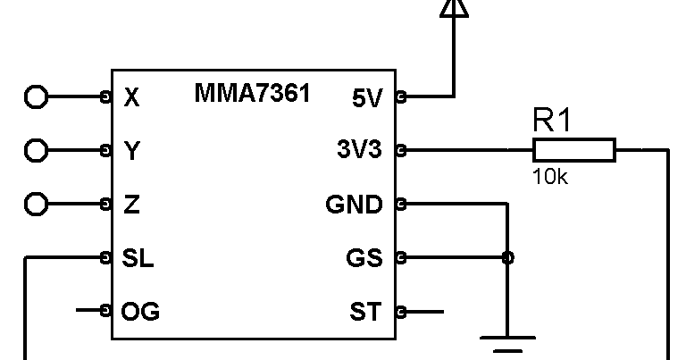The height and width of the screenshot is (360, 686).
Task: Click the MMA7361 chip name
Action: coord(252,93)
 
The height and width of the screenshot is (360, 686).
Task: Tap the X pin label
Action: coord(131,97)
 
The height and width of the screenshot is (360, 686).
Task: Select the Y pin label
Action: coord(131,151)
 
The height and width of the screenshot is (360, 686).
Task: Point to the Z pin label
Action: coord(131,205)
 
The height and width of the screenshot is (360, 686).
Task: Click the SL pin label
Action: coord(138,258)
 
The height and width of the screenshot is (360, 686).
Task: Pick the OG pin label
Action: coord(140,312)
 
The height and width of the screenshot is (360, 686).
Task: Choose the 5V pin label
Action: coord(366,97)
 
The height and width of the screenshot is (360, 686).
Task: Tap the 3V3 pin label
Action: coord(358,151)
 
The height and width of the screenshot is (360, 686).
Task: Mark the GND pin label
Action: coord(354,205)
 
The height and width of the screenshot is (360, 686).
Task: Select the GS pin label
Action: coord(364,258)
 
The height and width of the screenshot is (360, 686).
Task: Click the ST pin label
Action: coord(365,312)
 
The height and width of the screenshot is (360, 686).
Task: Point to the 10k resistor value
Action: coord(549,176)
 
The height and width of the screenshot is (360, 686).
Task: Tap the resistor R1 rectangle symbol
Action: coord(573,150)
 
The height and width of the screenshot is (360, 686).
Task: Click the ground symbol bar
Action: coord(507,339)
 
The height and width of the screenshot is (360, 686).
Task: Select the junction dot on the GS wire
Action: coord(507,258)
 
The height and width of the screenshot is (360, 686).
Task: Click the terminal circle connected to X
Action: coord(36,96)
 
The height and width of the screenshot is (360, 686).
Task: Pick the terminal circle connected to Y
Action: coord(36,150)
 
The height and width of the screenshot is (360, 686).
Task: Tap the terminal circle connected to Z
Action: coord(36,204)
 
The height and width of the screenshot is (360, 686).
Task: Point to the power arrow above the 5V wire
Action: coord(454,7)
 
